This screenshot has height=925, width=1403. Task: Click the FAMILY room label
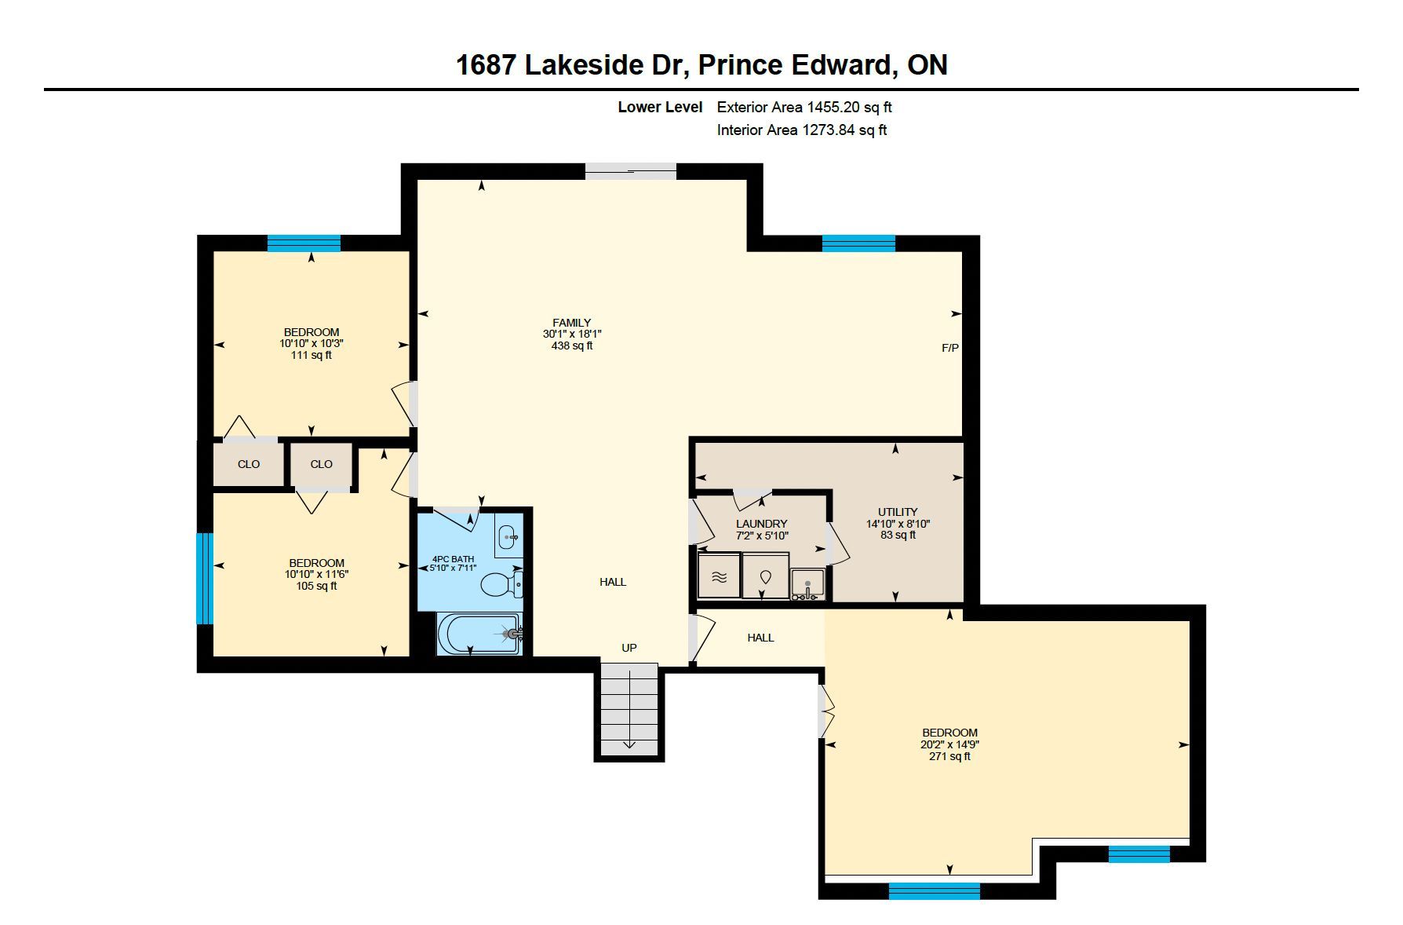pyautogui.click(x=571, y=323)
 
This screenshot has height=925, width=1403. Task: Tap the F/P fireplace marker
pyautogui.click(x=950, y=348)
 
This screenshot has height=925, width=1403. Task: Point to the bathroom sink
pyautogui.click(x=508, y=538)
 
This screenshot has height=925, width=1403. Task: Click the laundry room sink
pyautogui.click(x=807, y=585)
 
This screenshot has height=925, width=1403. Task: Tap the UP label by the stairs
pyautogui.click(x=629, y=648)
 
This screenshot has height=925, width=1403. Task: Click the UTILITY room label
pyautogui.click(x=898, y=512)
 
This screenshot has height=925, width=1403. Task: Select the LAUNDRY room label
pyautogui.click(x=761, y=524)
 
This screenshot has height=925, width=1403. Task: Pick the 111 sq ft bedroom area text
pyautogui.click(x=312, y=355)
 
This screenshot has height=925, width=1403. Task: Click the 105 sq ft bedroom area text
pyautogui.click(x=317, y=586)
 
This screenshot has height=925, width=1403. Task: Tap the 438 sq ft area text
pyautogui.click(x=572, y=346)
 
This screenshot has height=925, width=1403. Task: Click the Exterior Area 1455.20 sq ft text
pyautogui.click(x=804, y=107)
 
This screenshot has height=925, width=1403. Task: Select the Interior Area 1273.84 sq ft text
pyautogui.click(x=802, y=130)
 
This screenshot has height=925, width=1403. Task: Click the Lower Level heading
pyautogui.click(x=660, y=107)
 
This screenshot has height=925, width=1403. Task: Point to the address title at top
pyautogui.click(x=701, y=64)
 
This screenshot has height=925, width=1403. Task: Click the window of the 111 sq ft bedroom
pyautogui.click(x=304, y=243)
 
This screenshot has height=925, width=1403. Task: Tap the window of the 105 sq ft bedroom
pyautogui.click(x=205, y=579)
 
